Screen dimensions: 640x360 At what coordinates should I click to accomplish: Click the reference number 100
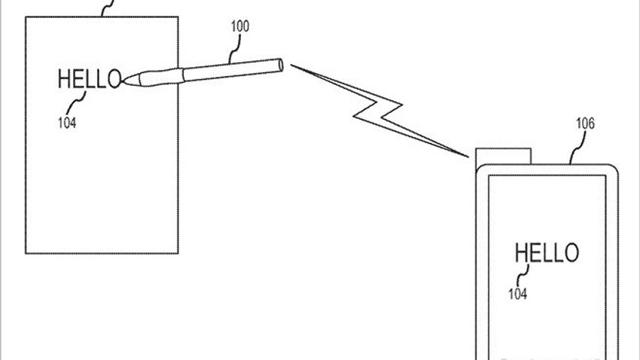[240, 26]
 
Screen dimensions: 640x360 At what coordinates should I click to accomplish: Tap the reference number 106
[585, 124]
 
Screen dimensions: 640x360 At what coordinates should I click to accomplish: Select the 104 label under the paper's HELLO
[67, 123]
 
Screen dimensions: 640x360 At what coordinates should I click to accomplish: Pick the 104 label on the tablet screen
[517, 294]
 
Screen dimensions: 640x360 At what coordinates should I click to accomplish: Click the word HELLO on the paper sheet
[90, 79]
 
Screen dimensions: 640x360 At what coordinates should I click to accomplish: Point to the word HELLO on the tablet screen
[547, 252]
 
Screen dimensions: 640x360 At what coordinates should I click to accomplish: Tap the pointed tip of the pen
[123, 81]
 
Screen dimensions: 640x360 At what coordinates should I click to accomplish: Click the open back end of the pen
[280, 66]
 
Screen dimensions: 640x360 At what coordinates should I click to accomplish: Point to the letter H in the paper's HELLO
[64, 79]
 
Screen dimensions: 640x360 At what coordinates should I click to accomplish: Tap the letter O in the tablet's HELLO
[571, 252]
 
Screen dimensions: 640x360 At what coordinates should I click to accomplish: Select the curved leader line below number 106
[578, 148]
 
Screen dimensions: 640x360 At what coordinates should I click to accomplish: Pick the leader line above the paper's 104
[76, 102]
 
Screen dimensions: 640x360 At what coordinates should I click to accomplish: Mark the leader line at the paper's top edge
[108, 8]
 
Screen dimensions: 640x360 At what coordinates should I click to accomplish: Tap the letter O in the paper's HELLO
[114, 79]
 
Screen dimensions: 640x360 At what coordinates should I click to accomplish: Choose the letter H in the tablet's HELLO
[522, 252]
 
